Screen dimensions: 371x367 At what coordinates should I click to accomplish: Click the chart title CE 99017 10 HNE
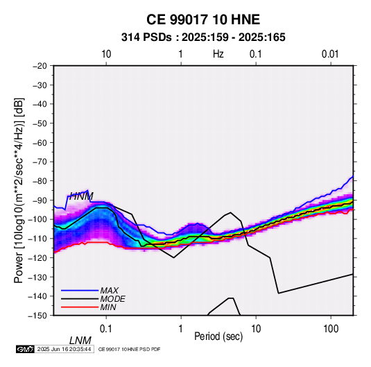(x=203, y=19)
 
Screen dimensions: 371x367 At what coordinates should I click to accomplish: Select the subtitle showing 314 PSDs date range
(x=203, y=37)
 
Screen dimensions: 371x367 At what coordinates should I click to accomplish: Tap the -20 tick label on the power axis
(x=40, y=66)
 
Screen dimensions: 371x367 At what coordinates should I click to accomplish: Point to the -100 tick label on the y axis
(x=37, y=219)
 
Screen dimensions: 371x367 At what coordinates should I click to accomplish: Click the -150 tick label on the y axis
(x=37, y=316)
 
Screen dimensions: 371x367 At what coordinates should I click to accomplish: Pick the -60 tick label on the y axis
(x=40, y=142)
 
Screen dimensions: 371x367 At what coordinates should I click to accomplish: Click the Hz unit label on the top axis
(x=218, y=54)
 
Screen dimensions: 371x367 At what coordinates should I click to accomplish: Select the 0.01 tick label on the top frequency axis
(x=330, y=54)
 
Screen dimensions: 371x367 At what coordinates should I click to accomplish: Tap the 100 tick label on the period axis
(x=331, y=328)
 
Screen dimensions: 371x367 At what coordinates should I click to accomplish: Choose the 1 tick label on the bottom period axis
(x=180, y=328)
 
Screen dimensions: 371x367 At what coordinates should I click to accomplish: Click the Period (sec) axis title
(x=218, y=336)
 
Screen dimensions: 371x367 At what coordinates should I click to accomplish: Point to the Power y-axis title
(x=19, y=190)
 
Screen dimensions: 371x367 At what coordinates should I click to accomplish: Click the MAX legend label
(x=109, y=291)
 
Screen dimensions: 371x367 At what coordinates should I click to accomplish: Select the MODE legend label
(x=112, y=299)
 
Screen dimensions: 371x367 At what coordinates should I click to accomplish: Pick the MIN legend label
(x=108, y=307)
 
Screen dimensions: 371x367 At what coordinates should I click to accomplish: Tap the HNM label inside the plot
(x=81, y=196)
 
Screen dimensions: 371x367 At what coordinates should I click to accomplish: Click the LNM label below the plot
(x=80, y=341)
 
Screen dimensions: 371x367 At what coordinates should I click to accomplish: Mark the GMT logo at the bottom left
(x=26, y=349)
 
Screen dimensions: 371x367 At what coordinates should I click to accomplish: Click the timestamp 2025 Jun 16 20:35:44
(x=64, y=349)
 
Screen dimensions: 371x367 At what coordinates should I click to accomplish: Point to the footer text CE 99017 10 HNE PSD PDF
(x=129, y=349)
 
